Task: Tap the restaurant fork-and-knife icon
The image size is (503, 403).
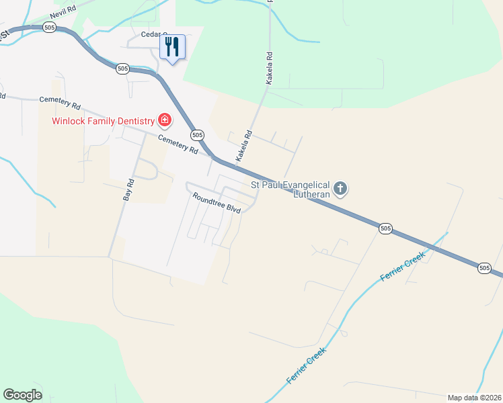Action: (172, 46)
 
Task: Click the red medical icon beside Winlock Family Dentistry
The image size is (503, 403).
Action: (164, 121)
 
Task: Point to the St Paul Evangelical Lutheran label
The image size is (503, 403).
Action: (291, 189)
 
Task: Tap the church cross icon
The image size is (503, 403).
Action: (341, 188)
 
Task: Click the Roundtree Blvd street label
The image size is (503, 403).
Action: (217, 204)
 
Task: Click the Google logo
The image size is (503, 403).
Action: (22, 395)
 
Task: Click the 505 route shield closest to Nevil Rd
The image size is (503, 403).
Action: (49, 27)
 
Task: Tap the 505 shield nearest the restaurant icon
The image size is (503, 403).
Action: (122, 69)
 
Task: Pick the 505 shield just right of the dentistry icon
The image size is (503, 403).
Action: (197, 135)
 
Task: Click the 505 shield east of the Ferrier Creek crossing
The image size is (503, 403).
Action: (485, 268)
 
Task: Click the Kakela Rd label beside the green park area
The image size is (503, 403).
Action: (269, 68)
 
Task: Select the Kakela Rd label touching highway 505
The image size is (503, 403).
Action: (243, 146)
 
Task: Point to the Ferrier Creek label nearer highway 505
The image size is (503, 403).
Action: (403, 266)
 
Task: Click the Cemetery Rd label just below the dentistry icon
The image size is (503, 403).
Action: (178, 145)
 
